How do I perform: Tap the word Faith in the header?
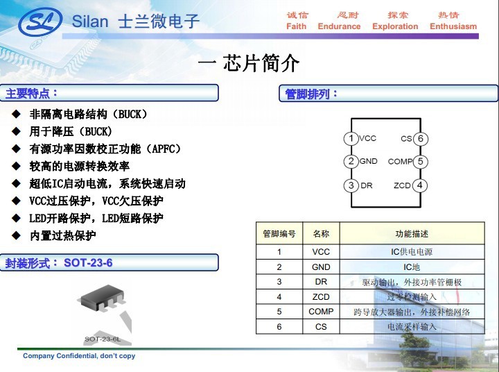point(296,26)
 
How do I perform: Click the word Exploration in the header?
point(395,26)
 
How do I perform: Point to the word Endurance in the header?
point(339,26)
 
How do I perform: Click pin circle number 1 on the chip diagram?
point(351,139)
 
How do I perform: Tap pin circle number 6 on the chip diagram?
point(421,139)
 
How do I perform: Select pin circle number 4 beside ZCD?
point(421,185)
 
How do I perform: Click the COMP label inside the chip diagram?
point(400,162)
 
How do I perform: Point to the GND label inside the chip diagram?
point(369,162)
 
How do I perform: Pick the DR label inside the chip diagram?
point(367,185)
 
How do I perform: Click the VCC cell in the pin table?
point(321,252)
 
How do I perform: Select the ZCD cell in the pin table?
point(321,296)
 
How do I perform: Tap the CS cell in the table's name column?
point(321,326)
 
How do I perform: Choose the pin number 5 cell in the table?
point(279,312)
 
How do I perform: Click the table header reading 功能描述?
point(412,234)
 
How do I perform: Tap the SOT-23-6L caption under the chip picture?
point(102,339)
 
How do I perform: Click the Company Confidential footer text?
point(79,356)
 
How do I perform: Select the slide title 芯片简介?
point(261,64)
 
